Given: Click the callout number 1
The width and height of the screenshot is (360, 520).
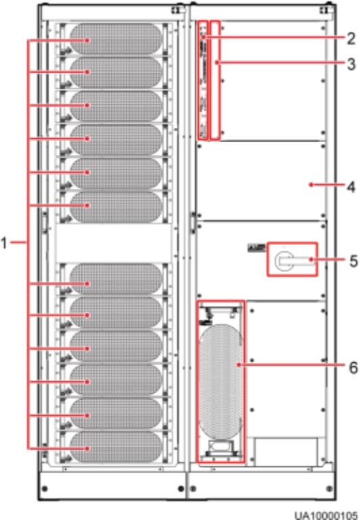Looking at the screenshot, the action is pyautogui.click(x=3, y=243).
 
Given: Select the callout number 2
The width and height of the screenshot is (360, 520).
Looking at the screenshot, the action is pyautogui.click(x=351, y=39).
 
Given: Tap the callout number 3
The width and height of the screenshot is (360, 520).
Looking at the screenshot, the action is pyautogui.click(x=351, y=64).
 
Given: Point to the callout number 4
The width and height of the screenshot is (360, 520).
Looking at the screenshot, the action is pyautogui.click(x=351, y=187).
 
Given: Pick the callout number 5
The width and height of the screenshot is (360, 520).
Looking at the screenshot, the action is pyautogui.click(x=353, y=261).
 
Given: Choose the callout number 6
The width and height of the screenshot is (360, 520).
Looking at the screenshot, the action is pyautogui.click(x=353, y=368).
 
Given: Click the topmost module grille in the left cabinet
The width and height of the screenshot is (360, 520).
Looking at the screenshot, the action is pyautogui.click(x=116, y=39).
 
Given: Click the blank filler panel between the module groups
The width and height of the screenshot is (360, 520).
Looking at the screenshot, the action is pyautogui.click(x=114, y=243).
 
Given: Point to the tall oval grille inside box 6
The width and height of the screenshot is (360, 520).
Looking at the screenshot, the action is pyautogui.click(x=221, y=382).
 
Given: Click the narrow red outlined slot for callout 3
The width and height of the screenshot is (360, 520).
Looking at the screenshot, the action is pyautogui.click(x=215, y=81).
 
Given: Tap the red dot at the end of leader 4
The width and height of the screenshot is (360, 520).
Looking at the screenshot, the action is pyautogui.click(x=311, y=185).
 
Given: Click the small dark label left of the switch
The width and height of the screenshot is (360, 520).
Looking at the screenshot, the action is pyautogui.click(x=256, y=248).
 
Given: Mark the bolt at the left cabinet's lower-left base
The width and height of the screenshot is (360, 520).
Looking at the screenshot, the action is pyautogui.click(x=45, y=488).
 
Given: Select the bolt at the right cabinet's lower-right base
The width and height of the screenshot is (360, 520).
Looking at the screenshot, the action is pyautogui.click(x=330, y=488).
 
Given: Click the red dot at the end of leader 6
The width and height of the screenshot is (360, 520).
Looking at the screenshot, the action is pyautogui.click(x=239, y=365).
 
